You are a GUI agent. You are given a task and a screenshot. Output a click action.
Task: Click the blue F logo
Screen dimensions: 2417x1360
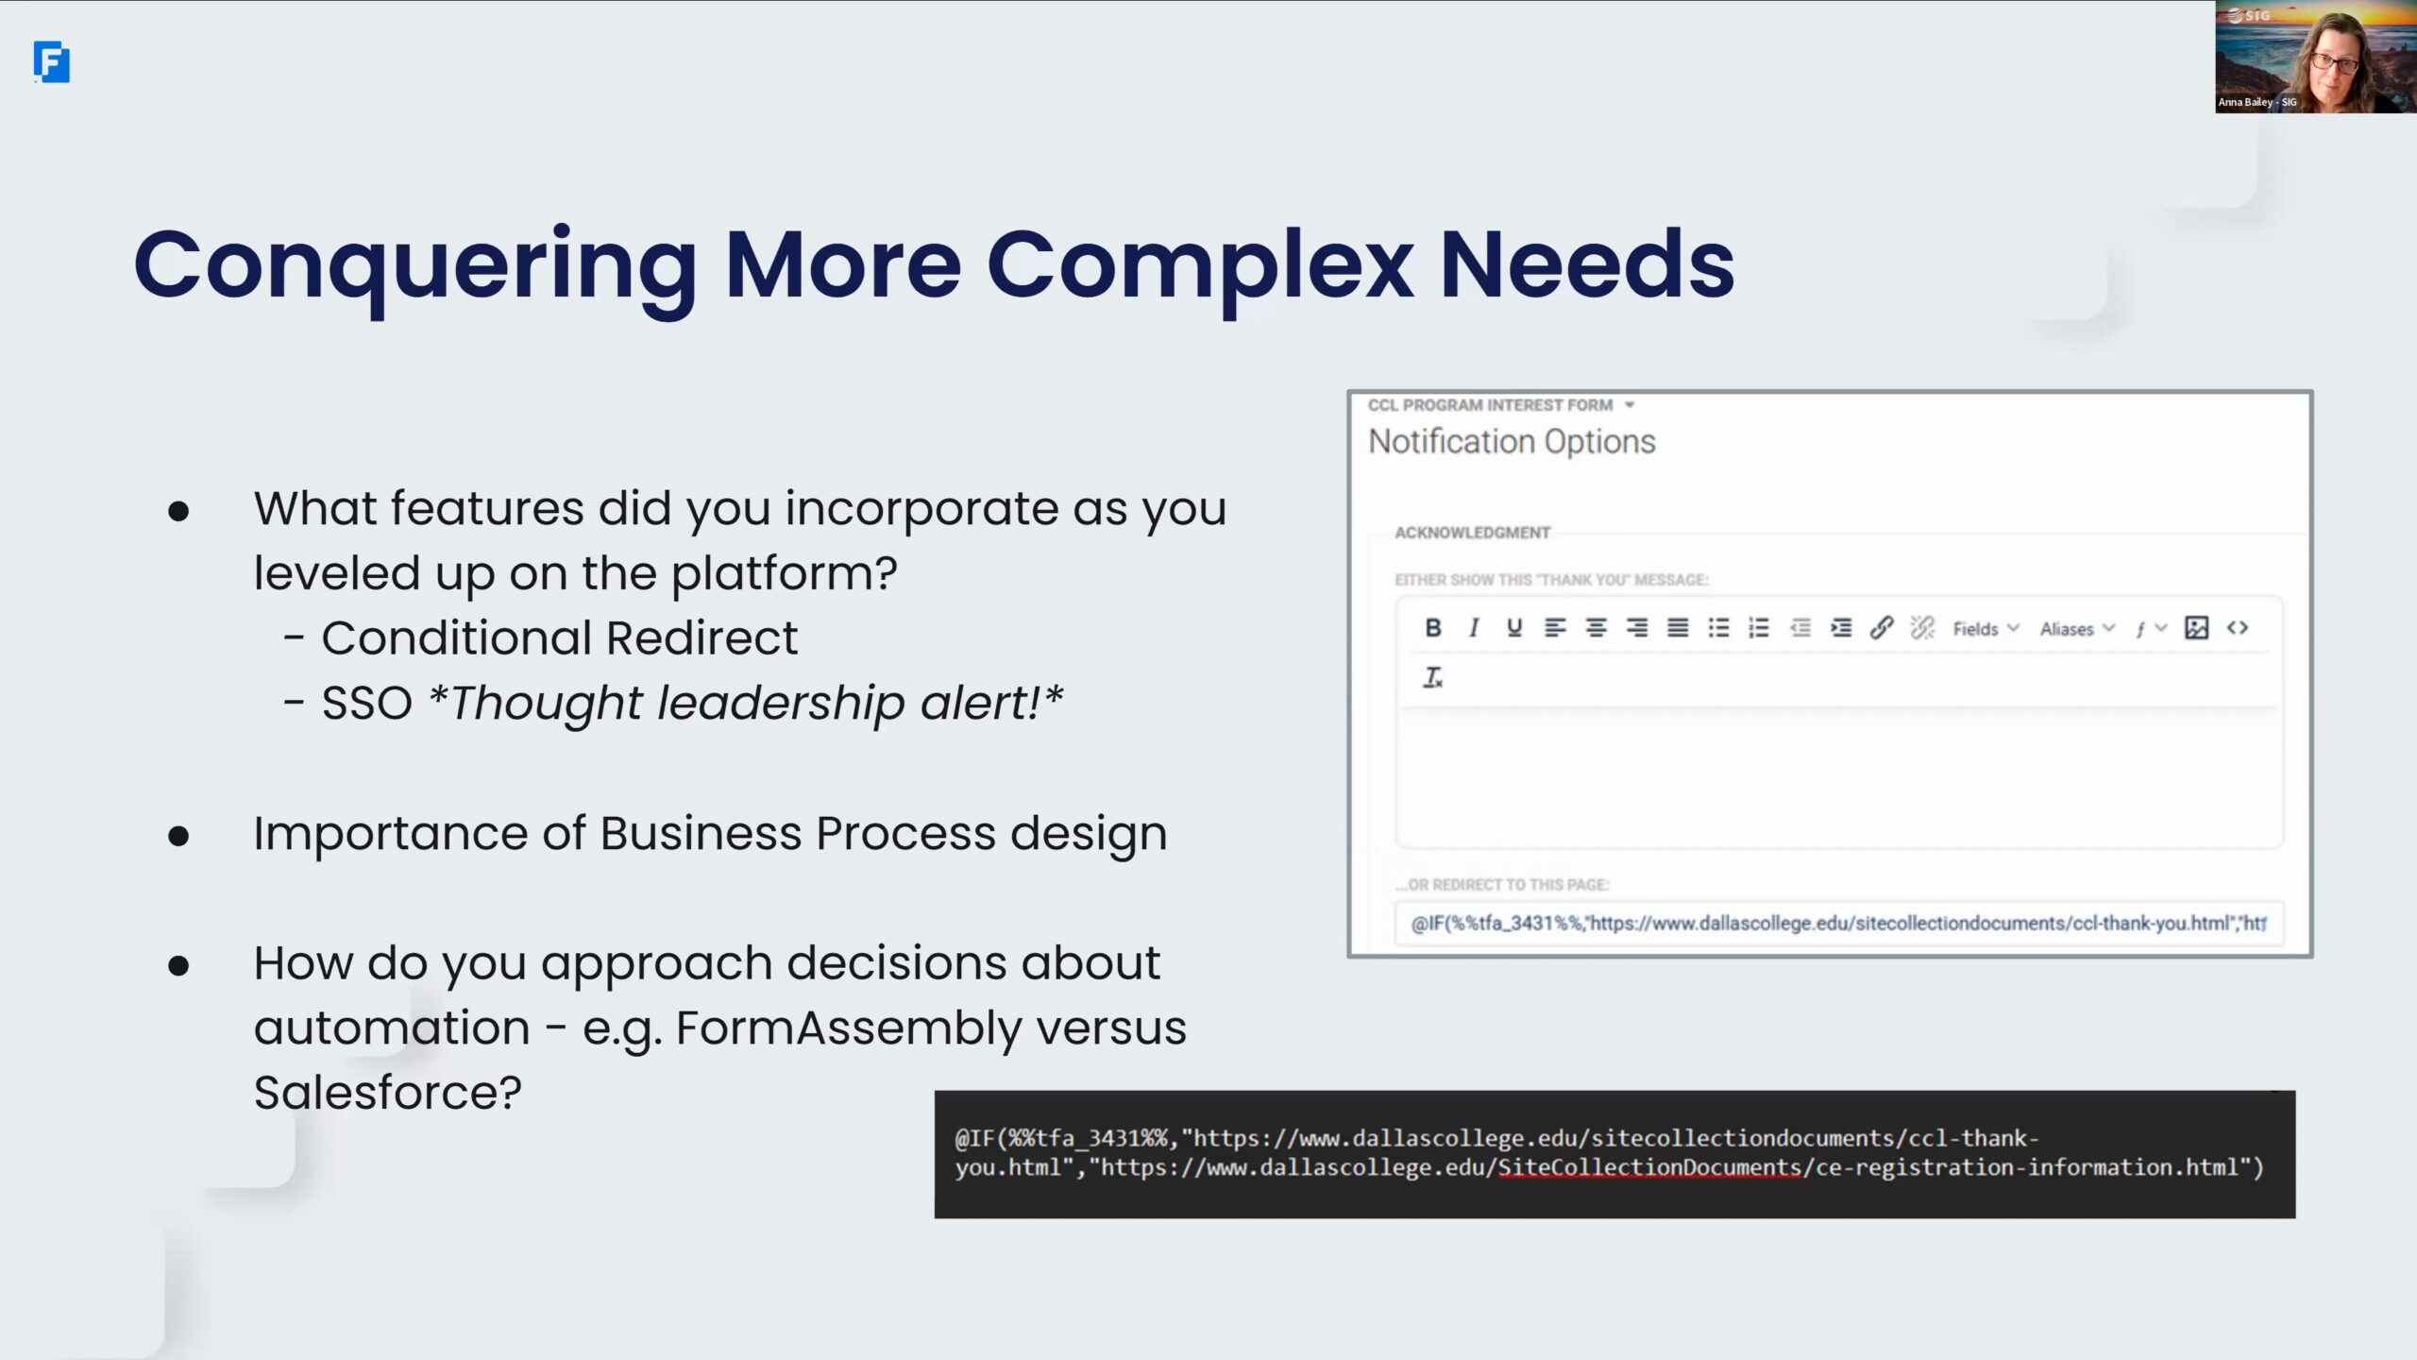click(52, 62)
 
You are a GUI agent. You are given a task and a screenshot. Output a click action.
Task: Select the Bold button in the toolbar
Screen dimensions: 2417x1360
click(1433, 628)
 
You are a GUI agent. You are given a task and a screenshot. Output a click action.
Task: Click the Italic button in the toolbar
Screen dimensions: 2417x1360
click(1474, 628)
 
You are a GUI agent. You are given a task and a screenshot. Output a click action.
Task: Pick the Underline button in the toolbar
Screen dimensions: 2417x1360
click(1514, 628)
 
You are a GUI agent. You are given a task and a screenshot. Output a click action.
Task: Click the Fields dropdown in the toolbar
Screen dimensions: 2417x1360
click(1986, 629)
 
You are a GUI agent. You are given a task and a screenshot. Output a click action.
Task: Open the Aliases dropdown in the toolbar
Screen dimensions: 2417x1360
click(2077, 629)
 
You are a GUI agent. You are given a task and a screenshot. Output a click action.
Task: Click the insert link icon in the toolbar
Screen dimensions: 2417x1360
click(1882, 628)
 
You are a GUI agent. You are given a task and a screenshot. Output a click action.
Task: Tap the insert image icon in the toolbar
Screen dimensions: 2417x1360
click(2197, 628)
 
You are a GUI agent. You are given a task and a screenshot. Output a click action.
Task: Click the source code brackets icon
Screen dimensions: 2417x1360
click(2238, 628)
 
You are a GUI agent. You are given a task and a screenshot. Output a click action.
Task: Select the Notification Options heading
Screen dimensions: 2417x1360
click(1512, 442)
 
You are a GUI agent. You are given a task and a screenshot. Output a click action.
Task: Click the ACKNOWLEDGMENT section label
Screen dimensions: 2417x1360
click(1473, 533)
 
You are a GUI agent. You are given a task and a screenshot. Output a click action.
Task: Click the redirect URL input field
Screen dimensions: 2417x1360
click(1839, 923)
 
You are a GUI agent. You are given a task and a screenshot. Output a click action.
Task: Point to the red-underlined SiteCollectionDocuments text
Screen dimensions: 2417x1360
click(1649, 1168)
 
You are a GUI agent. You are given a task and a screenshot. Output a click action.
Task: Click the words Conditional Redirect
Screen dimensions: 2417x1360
click(560, 637)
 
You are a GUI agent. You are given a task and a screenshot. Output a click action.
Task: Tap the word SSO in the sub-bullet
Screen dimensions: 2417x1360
click(367, 703)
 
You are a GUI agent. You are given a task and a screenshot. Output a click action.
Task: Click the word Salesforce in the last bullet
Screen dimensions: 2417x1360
click(387, 1093)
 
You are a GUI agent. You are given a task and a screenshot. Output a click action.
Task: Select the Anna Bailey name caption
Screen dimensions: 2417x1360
click(2257, 102)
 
